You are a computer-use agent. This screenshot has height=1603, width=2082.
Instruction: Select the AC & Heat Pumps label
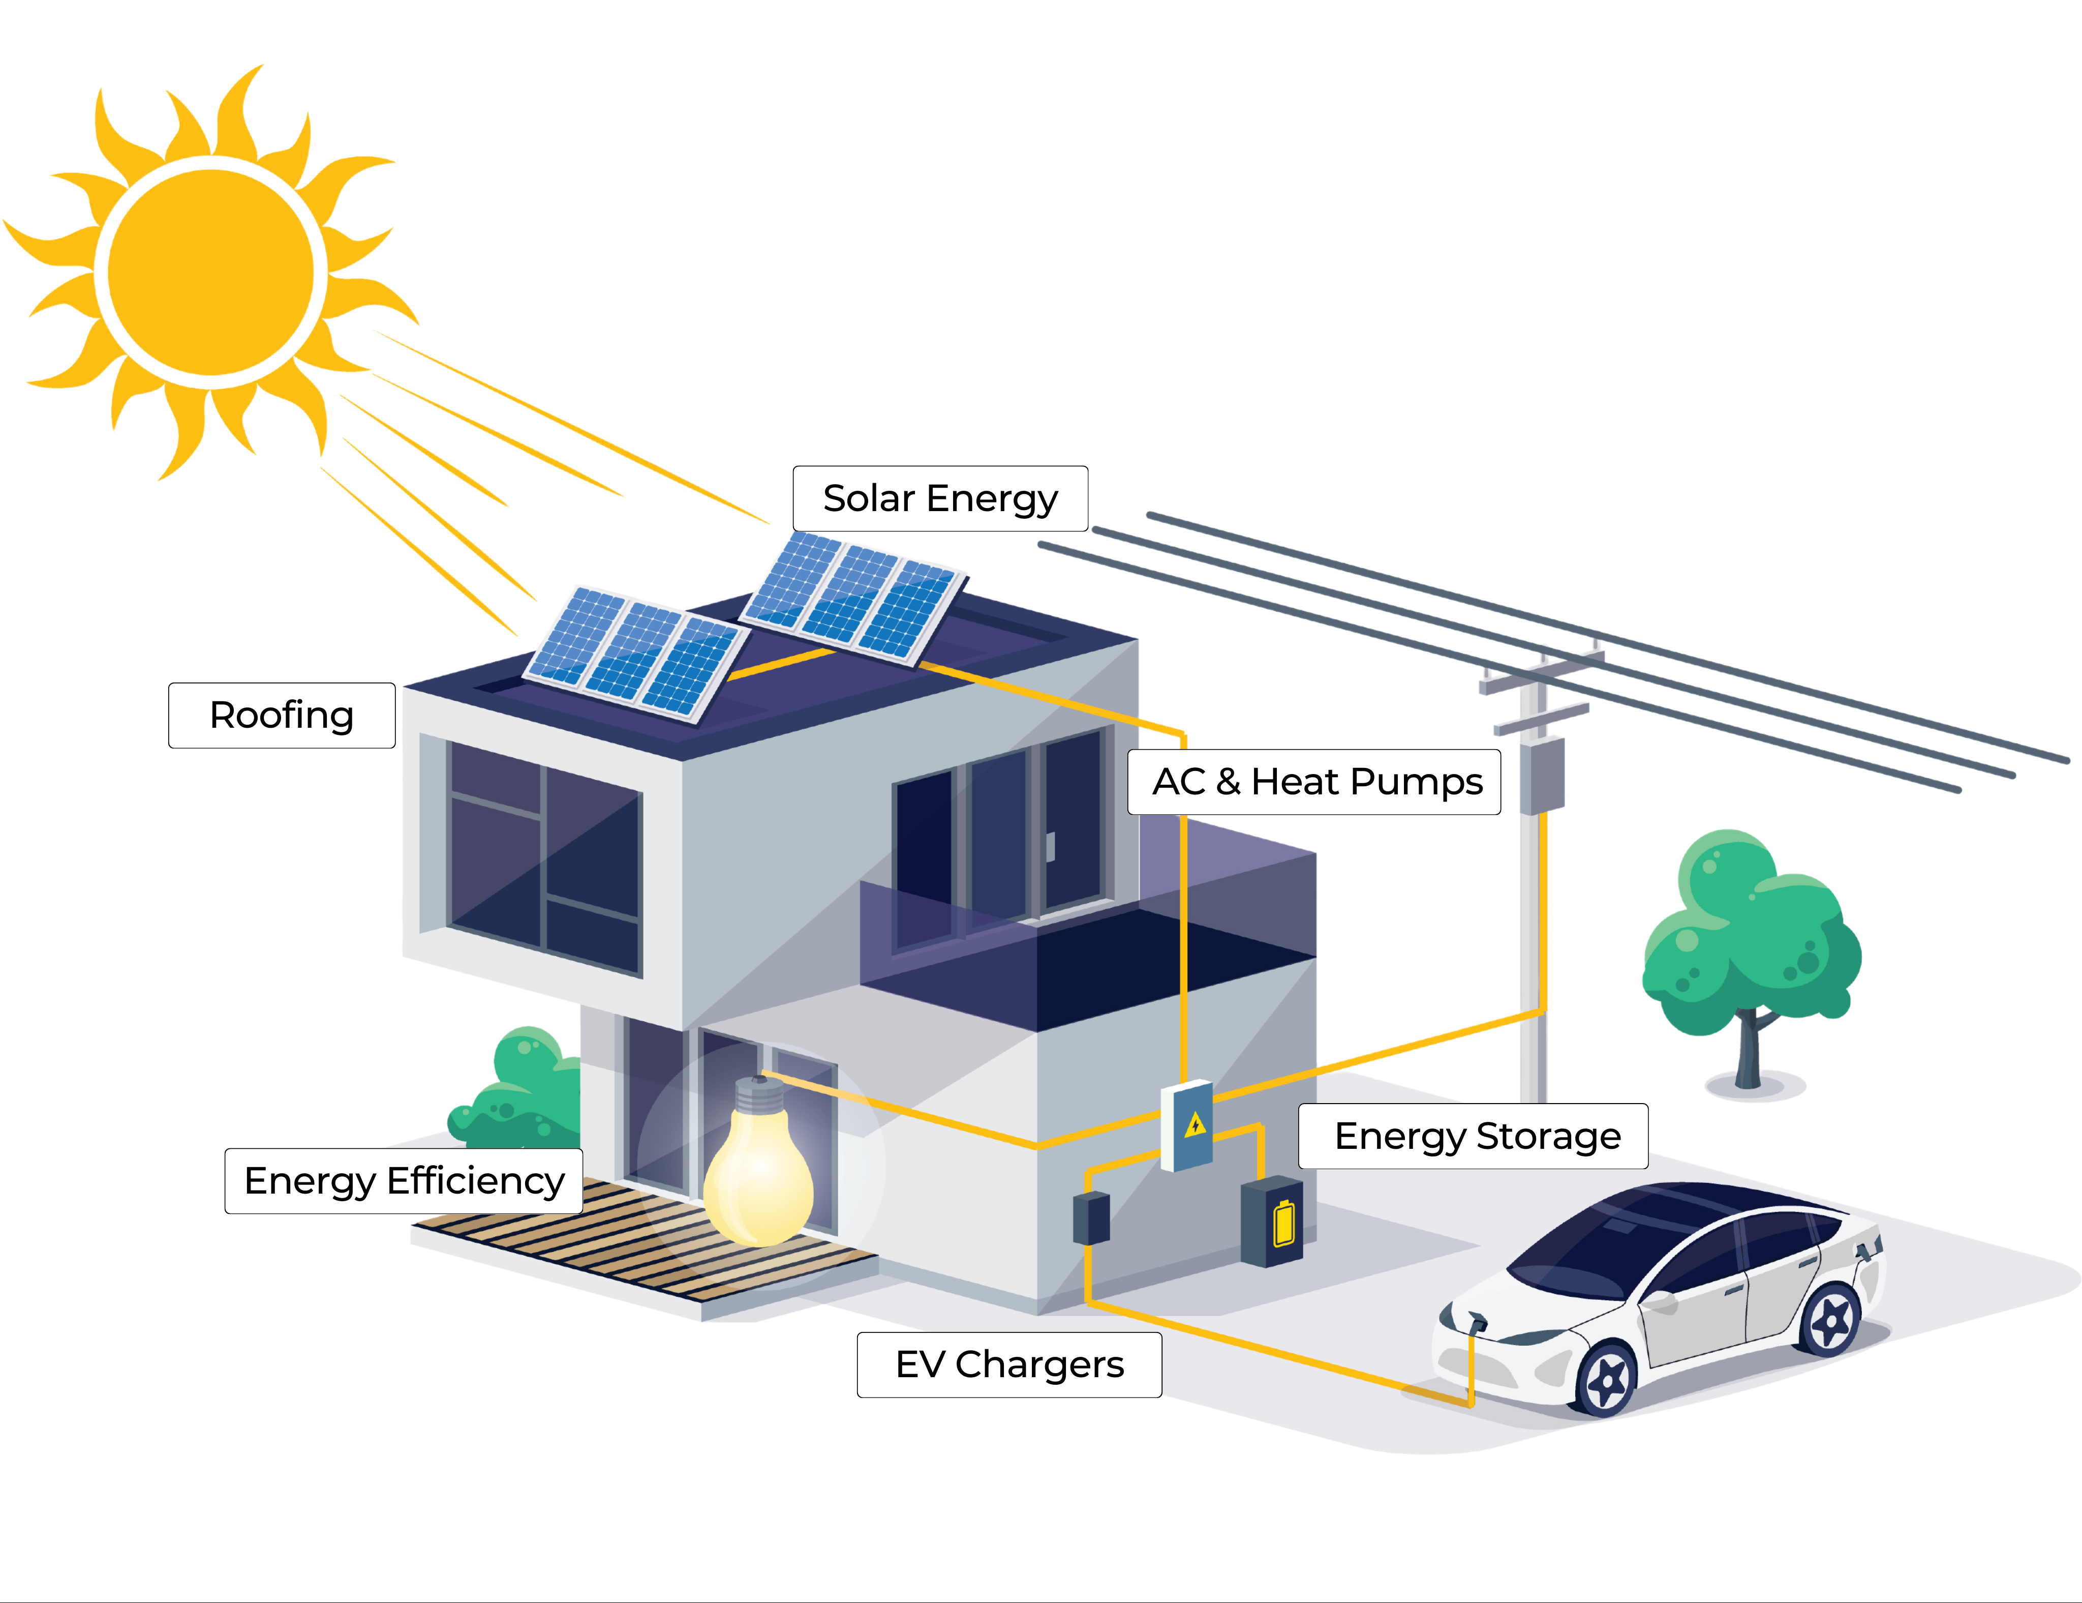click(1314, 782)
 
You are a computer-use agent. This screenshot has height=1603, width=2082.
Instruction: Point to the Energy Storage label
click(1474, 1136)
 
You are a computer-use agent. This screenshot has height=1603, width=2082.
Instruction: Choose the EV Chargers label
click(1009, 1364)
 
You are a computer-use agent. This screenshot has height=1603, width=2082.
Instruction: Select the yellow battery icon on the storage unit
click(1284, 1224)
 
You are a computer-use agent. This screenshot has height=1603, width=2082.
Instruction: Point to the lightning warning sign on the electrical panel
click(1196, 1125)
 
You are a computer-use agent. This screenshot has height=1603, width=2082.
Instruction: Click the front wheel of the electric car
click(1608, 1378)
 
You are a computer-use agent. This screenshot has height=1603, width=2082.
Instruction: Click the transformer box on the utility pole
click(1542, 775)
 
